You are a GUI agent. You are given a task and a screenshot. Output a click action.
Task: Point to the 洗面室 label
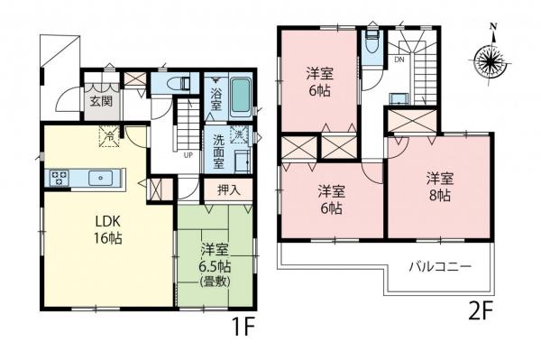[216, 146]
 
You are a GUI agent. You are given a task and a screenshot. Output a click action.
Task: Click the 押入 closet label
[230, 190]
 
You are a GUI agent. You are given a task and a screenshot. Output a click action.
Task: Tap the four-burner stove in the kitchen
[61, 176]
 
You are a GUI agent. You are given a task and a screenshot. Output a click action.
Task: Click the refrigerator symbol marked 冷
[108, 138]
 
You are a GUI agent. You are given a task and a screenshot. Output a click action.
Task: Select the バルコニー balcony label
[437, 266]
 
